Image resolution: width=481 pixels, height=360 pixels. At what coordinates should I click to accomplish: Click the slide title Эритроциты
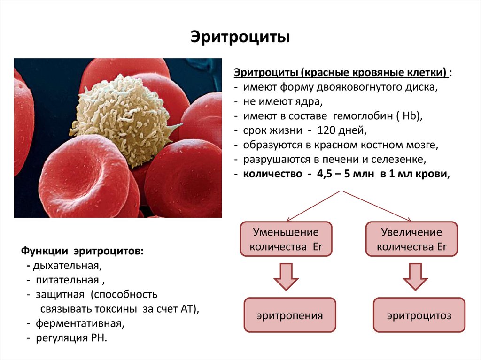(x=240, y=36)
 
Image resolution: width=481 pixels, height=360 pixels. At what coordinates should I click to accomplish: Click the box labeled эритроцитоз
(x=419, y=315)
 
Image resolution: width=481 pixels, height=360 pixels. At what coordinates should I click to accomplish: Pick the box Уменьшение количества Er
(x=286, y=239)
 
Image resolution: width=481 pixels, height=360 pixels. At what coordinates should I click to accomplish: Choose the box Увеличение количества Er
(x=411, y=239)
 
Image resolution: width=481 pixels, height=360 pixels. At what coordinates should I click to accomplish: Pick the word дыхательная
(x=66, y=266)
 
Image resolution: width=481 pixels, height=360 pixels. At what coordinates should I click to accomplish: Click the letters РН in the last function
(x=98, y=338)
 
